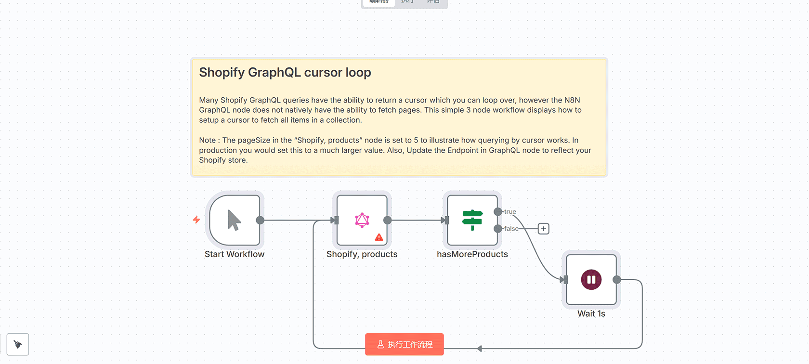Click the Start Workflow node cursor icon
click(234, 221)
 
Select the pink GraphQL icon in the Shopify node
click(362, 220)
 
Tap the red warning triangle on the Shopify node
click(379, 237)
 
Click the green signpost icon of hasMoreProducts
click(472, 220)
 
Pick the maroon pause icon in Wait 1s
click(591, 280)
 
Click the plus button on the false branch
click(543, 229)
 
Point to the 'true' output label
click(510, 212)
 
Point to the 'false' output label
click(511, 229)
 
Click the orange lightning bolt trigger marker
click(196, 220)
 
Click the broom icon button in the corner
click(18, 344)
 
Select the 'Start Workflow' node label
click(235, 254)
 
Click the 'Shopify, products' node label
click(362, 254)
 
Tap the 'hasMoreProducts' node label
click(472, 254)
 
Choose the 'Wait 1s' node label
click(591, 314)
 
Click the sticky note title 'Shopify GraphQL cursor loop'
click(285, 73)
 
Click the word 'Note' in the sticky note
click(208, 140)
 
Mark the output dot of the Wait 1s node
click(617, 280)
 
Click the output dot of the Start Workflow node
click(260, 221)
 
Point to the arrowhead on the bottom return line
click(479, 349)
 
